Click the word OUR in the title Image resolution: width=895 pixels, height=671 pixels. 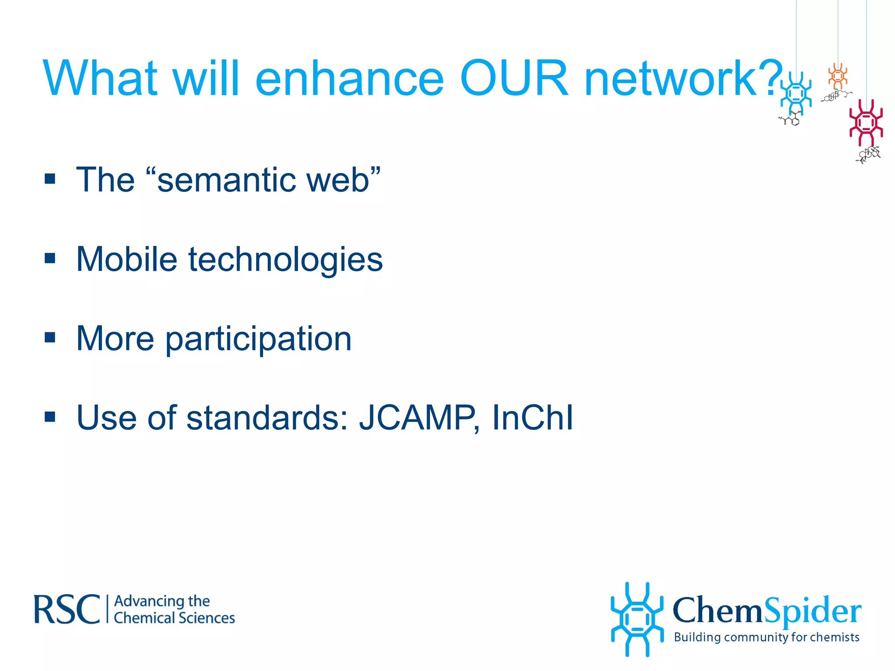coord(514,79)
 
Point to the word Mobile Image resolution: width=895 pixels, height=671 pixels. coord(127,259)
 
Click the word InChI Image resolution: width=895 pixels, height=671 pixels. coord(532,418)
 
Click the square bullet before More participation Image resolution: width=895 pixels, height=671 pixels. coord(50,338)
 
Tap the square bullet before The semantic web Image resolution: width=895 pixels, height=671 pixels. coord(50,179)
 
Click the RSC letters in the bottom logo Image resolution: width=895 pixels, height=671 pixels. coord(67,609)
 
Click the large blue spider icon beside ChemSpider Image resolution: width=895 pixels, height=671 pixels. coord(637,619)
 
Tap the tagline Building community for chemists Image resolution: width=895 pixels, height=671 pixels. coord(767,637)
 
